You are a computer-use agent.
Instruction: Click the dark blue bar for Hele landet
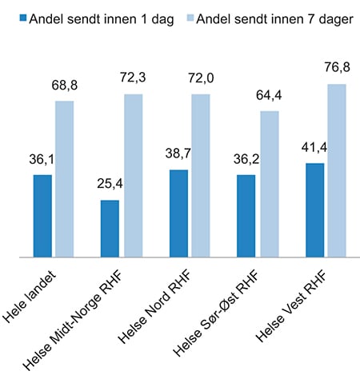(42, 216)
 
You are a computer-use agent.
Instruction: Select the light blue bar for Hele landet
(65, 179)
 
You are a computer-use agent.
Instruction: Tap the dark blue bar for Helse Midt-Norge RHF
(110, 229)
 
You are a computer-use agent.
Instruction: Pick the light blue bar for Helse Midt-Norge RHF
(133, 176)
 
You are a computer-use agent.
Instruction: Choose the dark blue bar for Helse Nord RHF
(178, 213)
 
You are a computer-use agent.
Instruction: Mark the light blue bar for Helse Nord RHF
(201, 176)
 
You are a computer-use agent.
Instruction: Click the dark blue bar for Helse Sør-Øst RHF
(246, 216)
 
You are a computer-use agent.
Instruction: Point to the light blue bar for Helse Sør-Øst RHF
(269, 184)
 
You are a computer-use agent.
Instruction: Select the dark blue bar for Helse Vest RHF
(314, 210)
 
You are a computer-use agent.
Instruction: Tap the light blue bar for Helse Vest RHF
(337, 170)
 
